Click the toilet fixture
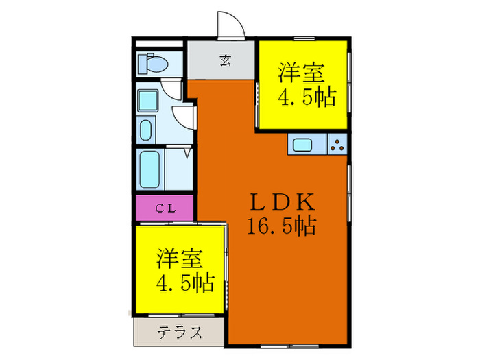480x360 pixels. tap(153, 64)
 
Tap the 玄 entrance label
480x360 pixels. tap(226, 60)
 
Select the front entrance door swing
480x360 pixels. tap(231, 25)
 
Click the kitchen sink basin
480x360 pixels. tap(302, 145)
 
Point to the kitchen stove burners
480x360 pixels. tap(337, 145)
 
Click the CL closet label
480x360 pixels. tap(166, 208)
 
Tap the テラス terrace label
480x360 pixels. tap(180, 332)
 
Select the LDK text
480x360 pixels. tap(283, 202)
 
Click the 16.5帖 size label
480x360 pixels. tap(282, 226)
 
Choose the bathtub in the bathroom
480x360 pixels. tap(149, 169)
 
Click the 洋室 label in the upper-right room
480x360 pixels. tap(301, 72)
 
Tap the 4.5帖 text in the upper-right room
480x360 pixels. tap(307, 97)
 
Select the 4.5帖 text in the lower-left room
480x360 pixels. tap(185, 283)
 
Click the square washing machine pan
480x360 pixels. tap(148, 100)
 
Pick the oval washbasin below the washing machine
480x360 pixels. tap(145, 130)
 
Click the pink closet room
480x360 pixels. tap(165, 208)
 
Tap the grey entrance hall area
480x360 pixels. tap(221, 60)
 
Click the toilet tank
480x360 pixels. tap(143, 64)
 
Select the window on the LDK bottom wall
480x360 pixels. tap(289, 346)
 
